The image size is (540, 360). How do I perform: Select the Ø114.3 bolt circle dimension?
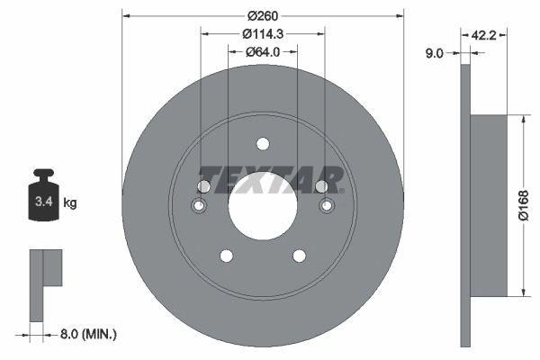(x=263, y=33)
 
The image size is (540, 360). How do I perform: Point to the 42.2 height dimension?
(x=485, y=35)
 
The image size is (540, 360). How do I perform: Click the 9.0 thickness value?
(x=434, y=54)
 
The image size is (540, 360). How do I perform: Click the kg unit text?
(x=70, y=203)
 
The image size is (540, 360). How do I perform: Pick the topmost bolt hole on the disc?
(x=263, y=144)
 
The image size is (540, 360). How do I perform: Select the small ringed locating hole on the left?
(x=199, y=207)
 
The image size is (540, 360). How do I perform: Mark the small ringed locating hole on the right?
(x=327, y=207)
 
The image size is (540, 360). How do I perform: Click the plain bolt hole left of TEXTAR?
(x=204, y=186)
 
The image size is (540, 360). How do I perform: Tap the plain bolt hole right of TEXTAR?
(x=321, y=186)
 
